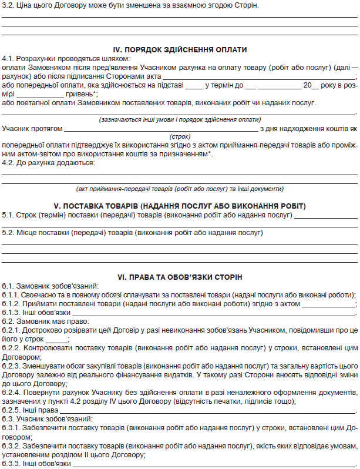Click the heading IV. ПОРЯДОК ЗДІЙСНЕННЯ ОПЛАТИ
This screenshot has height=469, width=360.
[180, 50]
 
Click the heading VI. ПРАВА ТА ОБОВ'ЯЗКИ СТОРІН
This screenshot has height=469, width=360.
[180, 276]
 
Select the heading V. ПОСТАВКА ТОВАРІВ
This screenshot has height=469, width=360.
[180, 206]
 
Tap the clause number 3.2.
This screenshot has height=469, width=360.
[8, 5]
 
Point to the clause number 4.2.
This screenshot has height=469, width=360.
[8, 162]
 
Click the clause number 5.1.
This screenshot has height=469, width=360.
[8, 216]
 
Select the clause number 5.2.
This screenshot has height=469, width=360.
[8, 233]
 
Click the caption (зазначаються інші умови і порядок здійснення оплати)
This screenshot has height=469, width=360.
[180, 119]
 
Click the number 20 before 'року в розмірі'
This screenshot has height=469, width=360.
[307, 85]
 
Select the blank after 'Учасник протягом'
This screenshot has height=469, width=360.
[160, 128]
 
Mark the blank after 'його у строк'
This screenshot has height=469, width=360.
[58, 340]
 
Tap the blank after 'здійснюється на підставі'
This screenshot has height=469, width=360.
[193, 86]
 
